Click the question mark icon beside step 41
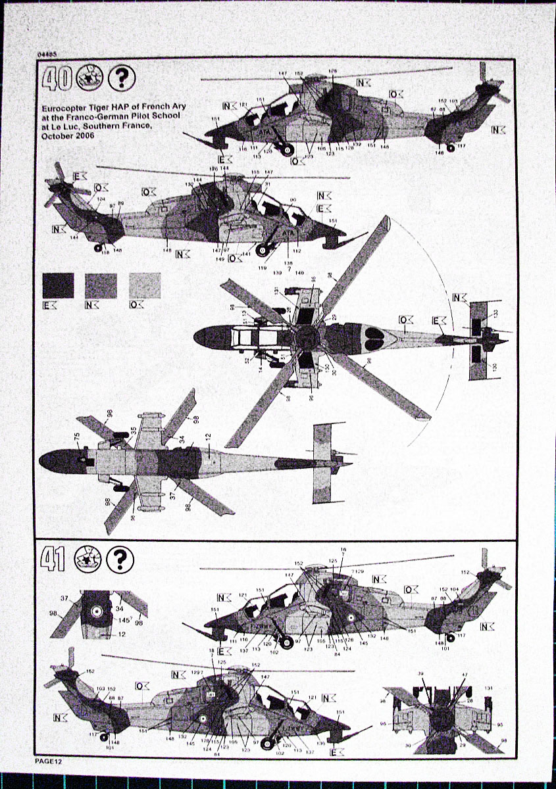[120, 559]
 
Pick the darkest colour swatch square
[58, 285]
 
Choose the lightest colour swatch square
[144, 285]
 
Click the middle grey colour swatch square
[101, 285]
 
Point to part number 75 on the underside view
[77, 436]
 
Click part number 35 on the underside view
[134, 431]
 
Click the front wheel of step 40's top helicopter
[288, 150]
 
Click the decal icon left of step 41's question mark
[86, 559]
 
